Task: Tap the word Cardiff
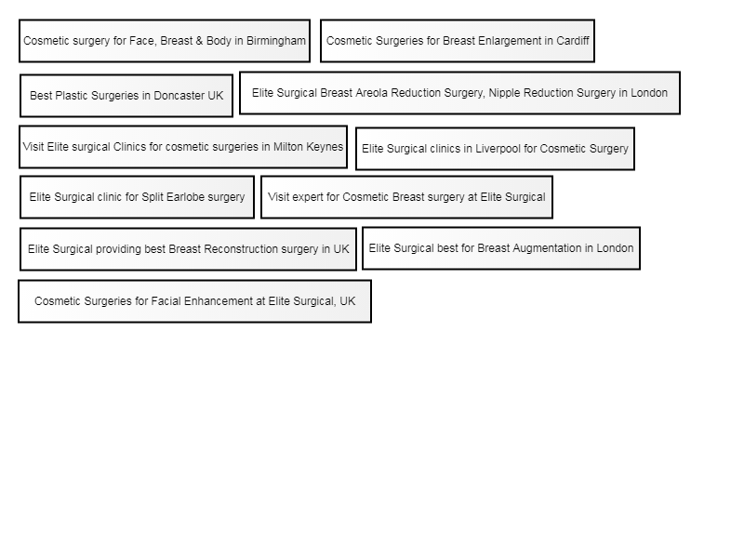point(573,41)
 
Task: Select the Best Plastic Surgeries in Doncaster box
point(126,96)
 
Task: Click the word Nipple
point(504,93)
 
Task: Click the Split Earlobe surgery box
point(137,197)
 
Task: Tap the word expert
point(308,197)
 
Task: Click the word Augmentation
point(547,248)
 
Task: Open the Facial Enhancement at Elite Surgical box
point(194,301)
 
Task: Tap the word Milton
point(288,147)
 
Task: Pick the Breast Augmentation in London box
point(501,248)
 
